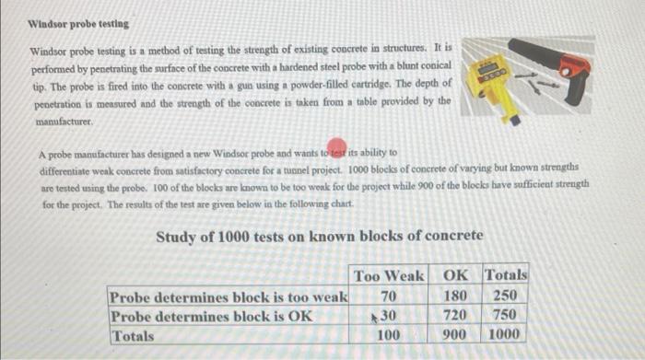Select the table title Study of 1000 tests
[319, 237]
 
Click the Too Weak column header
[388, 275]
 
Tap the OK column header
[455, 275]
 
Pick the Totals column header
[506, 275]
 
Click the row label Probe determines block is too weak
[228, 296]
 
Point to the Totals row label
[133, 336]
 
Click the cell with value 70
[389, 296]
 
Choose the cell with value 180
[455, 296]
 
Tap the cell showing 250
[507, 296]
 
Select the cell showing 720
[455, 316]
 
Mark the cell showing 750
[507, 316]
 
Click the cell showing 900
[455, 336]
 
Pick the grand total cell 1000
[506, 336]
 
